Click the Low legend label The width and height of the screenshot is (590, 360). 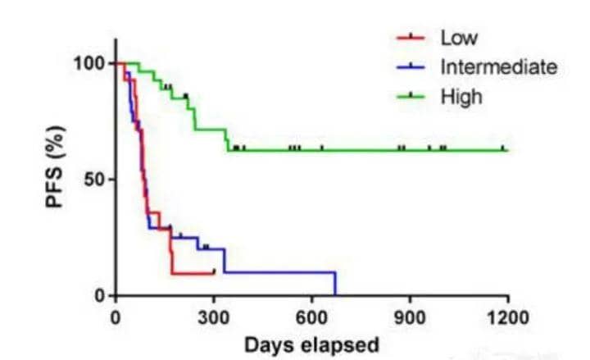(458, 38)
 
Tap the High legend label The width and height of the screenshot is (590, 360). (461, 96)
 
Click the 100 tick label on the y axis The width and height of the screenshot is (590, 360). (91, 64)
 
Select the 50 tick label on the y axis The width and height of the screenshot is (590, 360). (96, 180)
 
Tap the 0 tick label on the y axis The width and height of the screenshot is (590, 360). (100, 295)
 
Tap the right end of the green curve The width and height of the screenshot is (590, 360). (506, 150)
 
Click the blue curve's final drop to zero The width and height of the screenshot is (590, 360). (335, 284)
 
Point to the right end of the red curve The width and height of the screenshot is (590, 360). (214, 272)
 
